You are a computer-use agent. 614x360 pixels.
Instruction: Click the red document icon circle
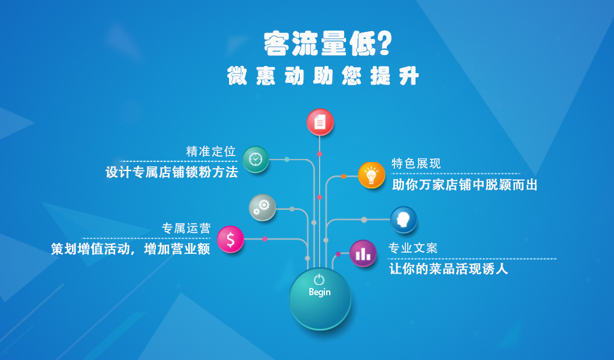(x=320, y=122)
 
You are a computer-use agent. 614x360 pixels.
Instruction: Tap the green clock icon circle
(x=255, y=160)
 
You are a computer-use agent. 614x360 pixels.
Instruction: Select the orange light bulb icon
(x=371, y=175)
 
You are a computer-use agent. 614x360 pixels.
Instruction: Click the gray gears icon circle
(x=263, y=207)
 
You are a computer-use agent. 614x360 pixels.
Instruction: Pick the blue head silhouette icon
(x=404, y=220)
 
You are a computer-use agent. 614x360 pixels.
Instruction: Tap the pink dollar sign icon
(x=230, y=239)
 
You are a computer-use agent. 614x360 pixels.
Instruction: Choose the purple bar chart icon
(x=363, y=253)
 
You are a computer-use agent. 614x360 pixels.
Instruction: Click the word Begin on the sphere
(x=320, y=292)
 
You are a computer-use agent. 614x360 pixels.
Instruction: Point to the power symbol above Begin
(x=319, y=280)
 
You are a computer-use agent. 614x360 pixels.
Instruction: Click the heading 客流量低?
(x=327, y=43)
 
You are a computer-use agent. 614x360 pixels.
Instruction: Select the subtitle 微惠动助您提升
(x=323, y=75)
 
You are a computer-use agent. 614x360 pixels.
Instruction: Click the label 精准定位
(x=210, y=151)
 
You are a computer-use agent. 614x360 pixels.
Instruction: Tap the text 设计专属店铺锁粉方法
(x=171, y=172)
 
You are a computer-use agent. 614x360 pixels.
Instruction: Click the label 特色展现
(x=416, y=163)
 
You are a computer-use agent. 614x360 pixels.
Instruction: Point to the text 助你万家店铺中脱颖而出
(x=465, y=185)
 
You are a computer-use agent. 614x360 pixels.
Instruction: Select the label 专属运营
(x=186, y=228)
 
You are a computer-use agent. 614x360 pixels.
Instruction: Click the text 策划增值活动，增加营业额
(x=130, y=249)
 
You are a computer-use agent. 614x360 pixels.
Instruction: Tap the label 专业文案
(x=413, y=248)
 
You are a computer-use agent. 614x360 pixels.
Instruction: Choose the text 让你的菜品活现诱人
(x=449, y=269)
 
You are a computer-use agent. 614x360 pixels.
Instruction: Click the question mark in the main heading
(x=384, y=43)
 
